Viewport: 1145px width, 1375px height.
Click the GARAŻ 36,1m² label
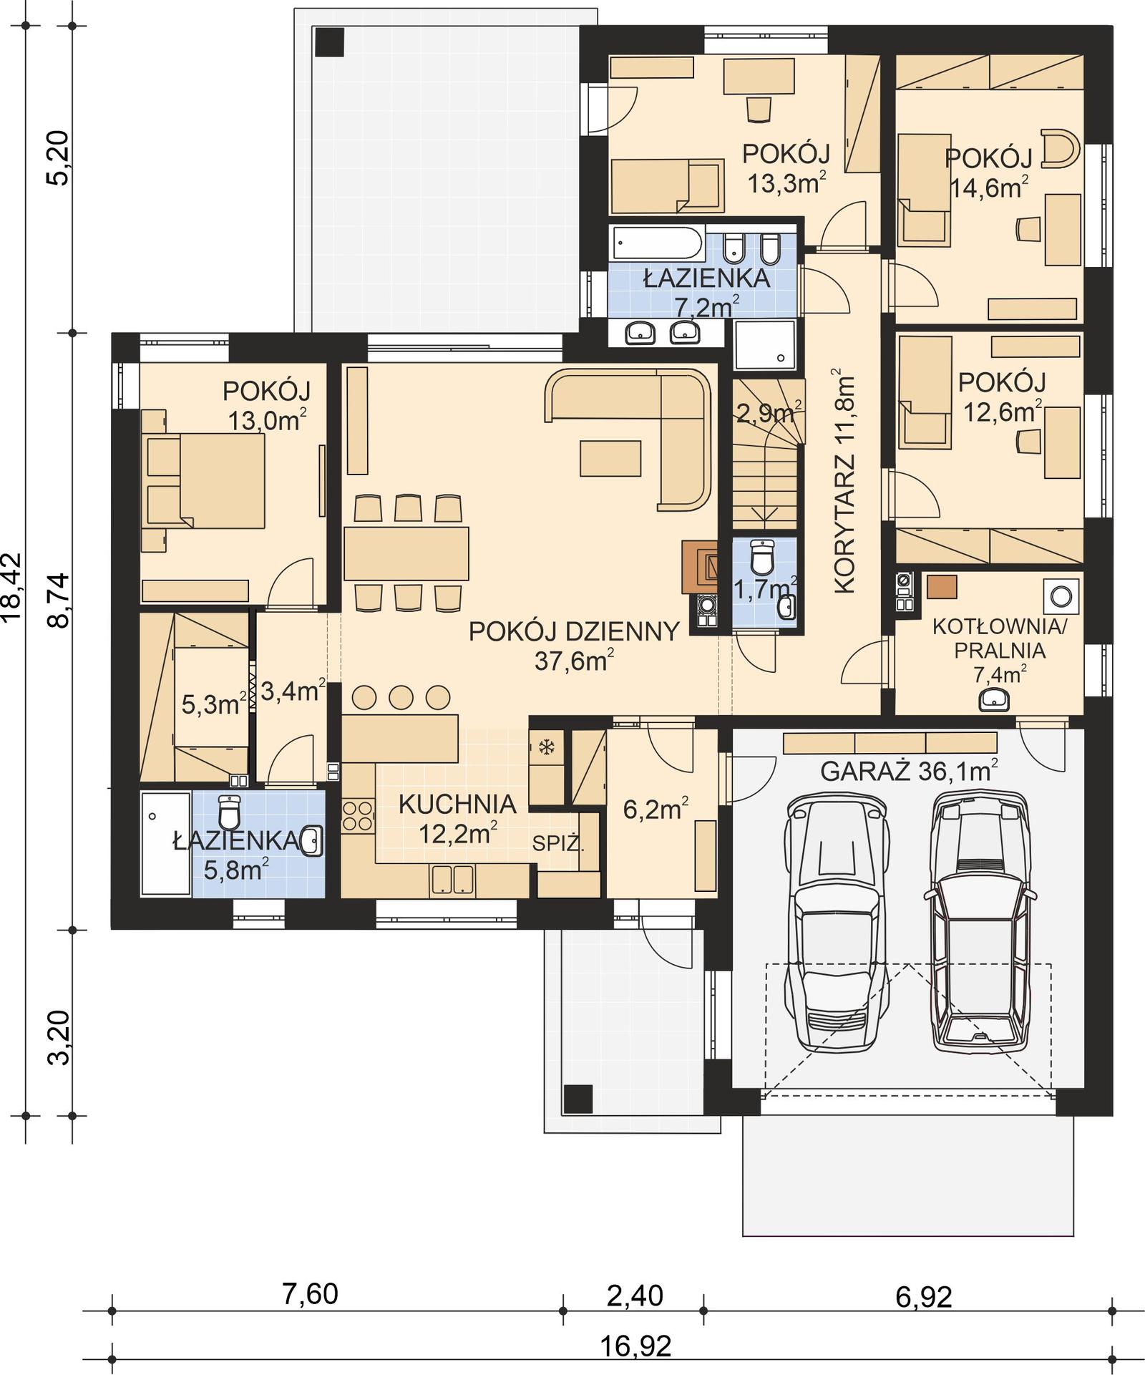point(908,772)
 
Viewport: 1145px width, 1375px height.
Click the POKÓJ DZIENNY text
point(573,631)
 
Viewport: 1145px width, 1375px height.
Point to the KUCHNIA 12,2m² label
point(457,817)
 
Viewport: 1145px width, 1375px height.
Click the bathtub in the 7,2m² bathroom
point(657,243)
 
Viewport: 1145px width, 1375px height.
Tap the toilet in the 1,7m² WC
point(763,557)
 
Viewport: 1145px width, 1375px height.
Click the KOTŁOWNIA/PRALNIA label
point(999,638)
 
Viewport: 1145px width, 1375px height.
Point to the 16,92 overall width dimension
point(635,1346)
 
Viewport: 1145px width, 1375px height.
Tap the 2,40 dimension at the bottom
point(634,1295)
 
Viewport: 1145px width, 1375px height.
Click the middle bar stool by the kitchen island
point(401,696)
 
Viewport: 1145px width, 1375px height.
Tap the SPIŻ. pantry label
point(558,843)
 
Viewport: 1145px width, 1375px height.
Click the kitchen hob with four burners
point(357,817)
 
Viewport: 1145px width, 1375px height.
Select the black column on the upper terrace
point(329,42)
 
